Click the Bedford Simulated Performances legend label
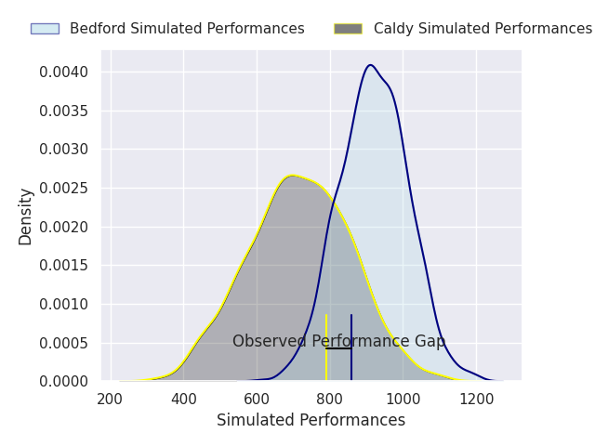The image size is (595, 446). coord(187,29)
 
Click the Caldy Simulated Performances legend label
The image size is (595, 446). coord(483,29)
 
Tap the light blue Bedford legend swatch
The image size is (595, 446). coord(45,29)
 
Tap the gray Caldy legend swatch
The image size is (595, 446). coord(348,29)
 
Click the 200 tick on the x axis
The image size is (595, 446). coord(111,400)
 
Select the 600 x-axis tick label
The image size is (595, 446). coord(257,400)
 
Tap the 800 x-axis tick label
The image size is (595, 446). coord(329,400)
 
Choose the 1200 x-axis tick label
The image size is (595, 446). coord(476,400)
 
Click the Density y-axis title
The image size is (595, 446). coord(26,216)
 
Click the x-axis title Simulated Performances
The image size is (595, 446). coord(311,421)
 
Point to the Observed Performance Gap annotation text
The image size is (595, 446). coord(338,342)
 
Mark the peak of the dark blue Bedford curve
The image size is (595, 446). coord(370,65)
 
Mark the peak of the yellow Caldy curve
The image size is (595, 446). coord(292,176)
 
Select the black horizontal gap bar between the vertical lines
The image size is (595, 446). coord(338,348)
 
